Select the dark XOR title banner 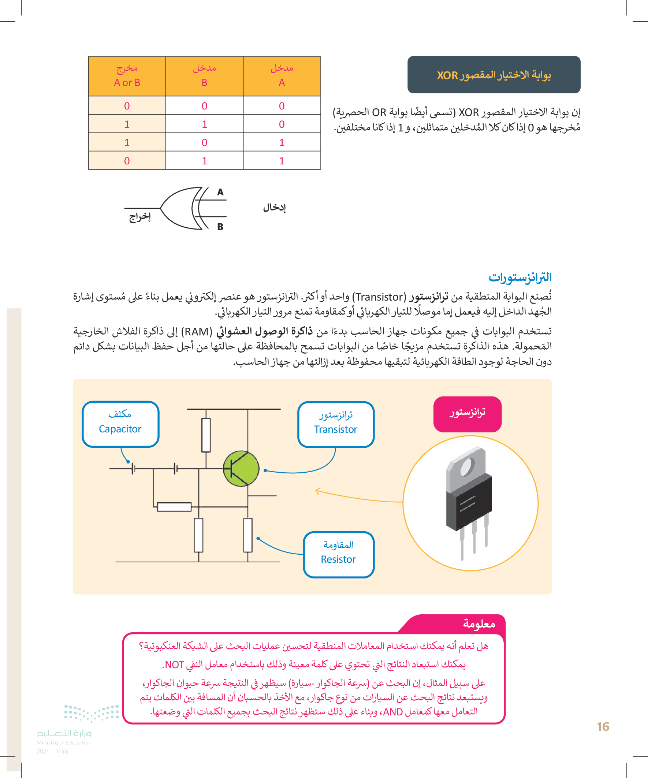(494, 74)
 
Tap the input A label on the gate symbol (220, 192)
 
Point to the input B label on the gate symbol (220, 227)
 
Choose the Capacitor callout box (120, 424)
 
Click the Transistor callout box (336, 424)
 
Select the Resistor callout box (338, 554)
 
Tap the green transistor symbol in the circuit (241, 469)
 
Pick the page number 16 (603, 727)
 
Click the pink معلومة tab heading (479, 624)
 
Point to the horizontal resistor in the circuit (174, 507)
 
